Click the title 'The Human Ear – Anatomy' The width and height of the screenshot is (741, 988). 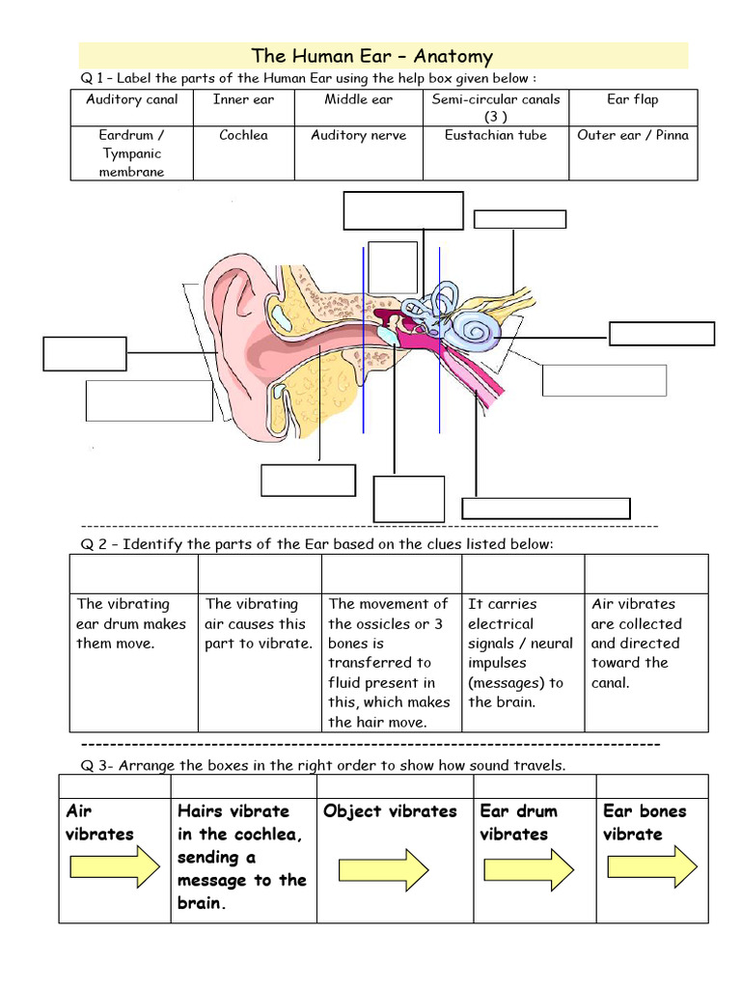(371, 57)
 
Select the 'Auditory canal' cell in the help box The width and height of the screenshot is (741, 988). (132, 100)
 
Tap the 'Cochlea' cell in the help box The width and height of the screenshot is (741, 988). (243, 136)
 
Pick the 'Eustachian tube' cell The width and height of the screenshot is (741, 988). (495, 136)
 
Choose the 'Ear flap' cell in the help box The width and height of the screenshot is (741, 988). (632, 100)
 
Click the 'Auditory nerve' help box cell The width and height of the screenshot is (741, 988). (358, 136)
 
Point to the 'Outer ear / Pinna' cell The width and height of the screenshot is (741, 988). (632, 136)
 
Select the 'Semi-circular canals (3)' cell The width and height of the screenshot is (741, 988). (495, 107)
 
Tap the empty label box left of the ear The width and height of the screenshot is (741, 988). (85, 353)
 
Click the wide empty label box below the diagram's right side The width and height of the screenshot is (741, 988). (546, 508)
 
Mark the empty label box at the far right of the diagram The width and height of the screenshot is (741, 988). (662, 334)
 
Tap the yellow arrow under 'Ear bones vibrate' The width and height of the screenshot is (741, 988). (653, 865)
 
